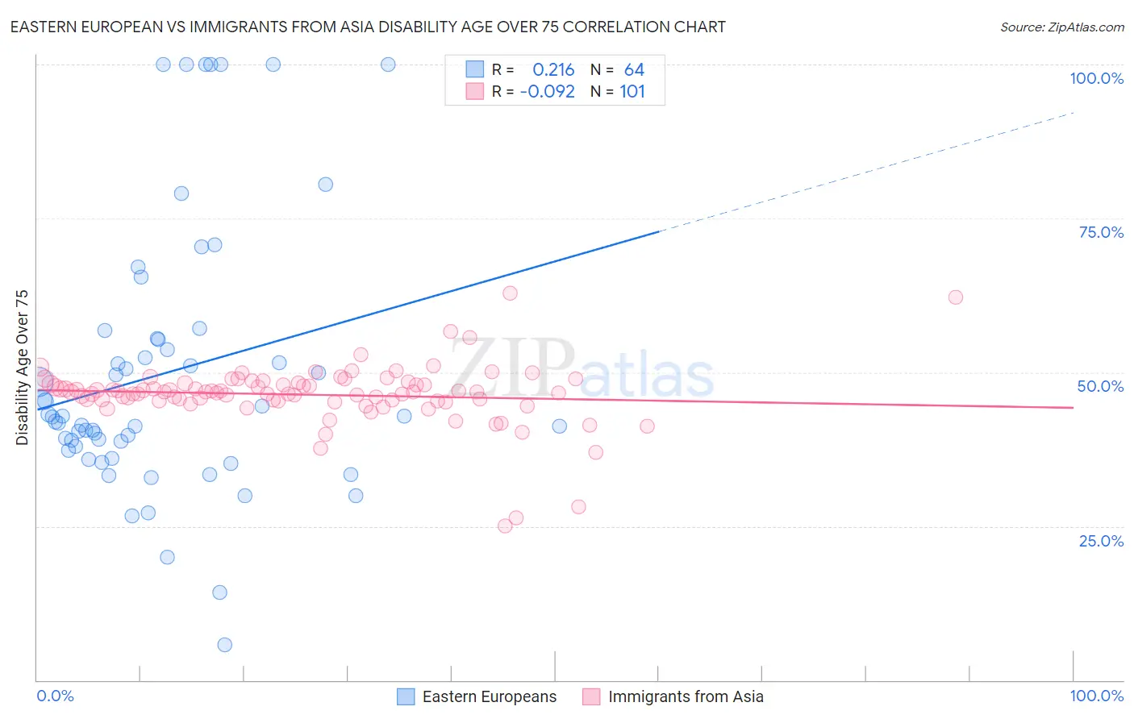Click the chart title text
[368, 27]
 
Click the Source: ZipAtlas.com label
[1061, 27]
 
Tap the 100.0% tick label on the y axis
[1096, 78]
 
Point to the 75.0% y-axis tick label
[1101, 232]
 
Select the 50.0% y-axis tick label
[1100, 386]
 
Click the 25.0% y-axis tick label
[1101, 541]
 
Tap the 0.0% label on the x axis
[55, 696]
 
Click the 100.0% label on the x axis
[1096, 696]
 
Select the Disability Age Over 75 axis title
[23, 368]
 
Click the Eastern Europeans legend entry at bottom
[489, 696]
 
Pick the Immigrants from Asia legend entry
[685, 696]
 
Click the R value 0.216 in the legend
[553, 70]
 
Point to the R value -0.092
[547, 92]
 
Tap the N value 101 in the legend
[632, 92]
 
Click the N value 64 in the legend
[634, 70]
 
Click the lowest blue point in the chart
[225, 645]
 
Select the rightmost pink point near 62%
[956, 297]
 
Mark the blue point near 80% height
[326, 185]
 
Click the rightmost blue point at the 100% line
[388, 64]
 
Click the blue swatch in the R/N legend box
[475, 70]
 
